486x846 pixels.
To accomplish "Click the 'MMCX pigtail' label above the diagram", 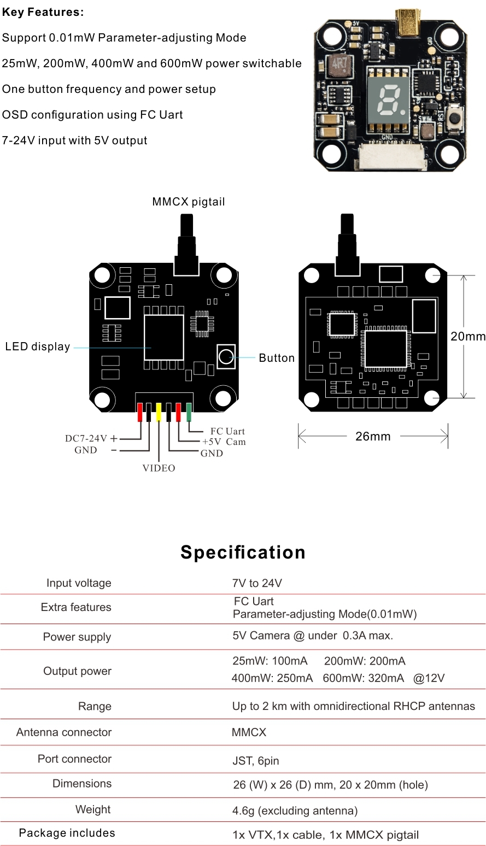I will tap(188, 202).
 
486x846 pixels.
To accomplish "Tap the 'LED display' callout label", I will tap(37, 346).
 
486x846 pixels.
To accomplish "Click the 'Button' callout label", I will tap(277, 358).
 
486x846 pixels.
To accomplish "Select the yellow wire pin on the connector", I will tap(159, 412).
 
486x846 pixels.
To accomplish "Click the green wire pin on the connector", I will tap(189, 412).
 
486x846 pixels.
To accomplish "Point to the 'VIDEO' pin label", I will tap(159, 468).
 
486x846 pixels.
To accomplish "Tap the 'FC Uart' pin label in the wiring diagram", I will tap(227, 431).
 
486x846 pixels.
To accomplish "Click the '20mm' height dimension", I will tap(468, 337).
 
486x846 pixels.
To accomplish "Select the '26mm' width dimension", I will tap(373, 436).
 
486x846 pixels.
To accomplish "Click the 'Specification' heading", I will tap(243, 552).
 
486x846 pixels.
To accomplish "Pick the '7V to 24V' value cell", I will tap(257, 583).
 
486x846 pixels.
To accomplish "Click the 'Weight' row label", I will tap(93, 809).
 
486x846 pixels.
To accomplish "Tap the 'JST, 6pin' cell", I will tap(256, 761).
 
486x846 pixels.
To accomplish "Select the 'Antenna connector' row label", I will tap(64, 732).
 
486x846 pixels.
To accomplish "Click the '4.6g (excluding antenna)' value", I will tap(295, 810).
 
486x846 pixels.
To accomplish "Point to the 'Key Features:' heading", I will tap(43, 12).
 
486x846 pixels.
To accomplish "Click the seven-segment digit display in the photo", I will tap(388, 100).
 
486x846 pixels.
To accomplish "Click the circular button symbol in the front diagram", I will tap(226, 357).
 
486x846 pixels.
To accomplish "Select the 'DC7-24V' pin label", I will tap(86, 438).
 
